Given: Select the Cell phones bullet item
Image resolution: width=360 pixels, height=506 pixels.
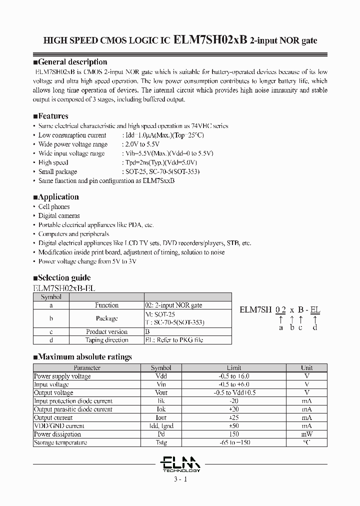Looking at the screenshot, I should tap(54, 206).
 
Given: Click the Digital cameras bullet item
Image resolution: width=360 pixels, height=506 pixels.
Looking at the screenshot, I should tap(59, 215).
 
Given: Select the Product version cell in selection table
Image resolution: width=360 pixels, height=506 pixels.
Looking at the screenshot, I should tap(106, 331).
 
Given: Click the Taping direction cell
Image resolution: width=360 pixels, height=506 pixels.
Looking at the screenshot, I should tap(106, 340).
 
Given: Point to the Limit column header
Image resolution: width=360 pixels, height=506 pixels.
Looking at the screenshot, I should tap(234, 367).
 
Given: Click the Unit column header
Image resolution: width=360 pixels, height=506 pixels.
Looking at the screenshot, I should tap(306, 367).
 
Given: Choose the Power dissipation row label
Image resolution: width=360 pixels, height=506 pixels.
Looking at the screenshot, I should tap(57, 434).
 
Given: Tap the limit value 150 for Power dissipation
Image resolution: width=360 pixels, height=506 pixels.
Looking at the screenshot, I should tap(234, 434).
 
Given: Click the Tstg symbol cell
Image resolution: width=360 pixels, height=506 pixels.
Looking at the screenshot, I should tap(160, 442).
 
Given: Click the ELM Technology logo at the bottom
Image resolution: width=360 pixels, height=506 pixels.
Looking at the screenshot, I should tap(180, 464).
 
